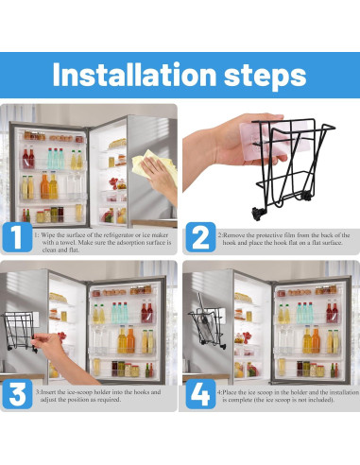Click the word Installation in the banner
point(134,75)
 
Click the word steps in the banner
point(265,76)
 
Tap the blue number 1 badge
point(17,237)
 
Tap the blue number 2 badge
point(200,237)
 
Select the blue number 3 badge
point(17,394)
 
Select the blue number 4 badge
point(200,394)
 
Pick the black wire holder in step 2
point(291,167)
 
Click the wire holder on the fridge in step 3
point(20,331)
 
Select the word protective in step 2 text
point(272,235)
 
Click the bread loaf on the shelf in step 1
point(117,144)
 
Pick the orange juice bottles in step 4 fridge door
point(311,340)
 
